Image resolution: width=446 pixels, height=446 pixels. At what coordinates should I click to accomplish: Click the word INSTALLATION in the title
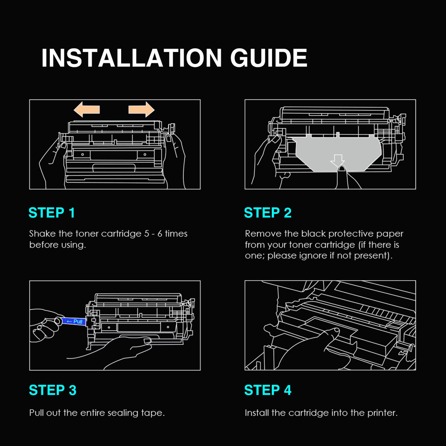coord(132,58)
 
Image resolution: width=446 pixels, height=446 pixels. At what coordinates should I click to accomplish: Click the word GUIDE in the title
coord(269,58)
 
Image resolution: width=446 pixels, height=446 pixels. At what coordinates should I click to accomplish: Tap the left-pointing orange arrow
coord(87,109)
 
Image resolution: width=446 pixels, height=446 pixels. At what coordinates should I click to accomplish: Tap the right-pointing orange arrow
coord(141,109)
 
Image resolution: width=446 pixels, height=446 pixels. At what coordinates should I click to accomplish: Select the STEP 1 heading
coord(52,213)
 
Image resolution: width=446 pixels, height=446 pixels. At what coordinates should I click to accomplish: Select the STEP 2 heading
coord(268,213)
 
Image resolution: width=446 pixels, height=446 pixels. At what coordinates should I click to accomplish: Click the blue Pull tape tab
coord(74,321)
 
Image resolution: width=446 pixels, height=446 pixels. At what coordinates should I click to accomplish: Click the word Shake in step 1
coord(42,234)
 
